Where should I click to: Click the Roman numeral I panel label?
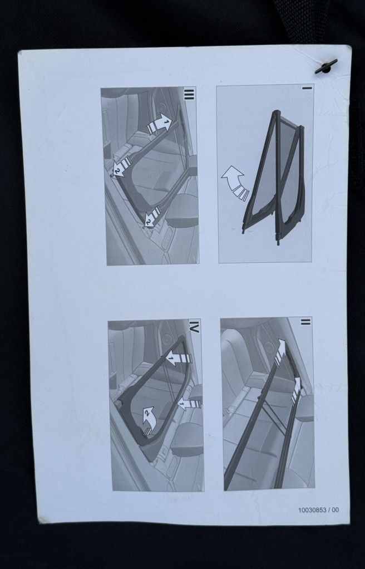coord(307,88)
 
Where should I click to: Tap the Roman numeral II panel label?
coord(305,321)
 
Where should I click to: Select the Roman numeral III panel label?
coord(189,94)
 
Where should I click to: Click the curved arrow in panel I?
coord(234,182)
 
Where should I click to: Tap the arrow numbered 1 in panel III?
coord(159,124)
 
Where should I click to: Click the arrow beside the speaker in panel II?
coord(280,352)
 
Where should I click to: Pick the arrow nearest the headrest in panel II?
coord(295,391)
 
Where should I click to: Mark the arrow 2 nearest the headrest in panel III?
coord(152,216)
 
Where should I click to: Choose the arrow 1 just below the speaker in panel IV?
coord(178,359)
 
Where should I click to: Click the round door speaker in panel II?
coord(269,347)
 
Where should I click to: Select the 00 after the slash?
coord(335,510)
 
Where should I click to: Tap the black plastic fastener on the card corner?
coord(326,66)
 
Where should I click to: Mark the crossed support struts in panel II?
coord(273,414)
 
